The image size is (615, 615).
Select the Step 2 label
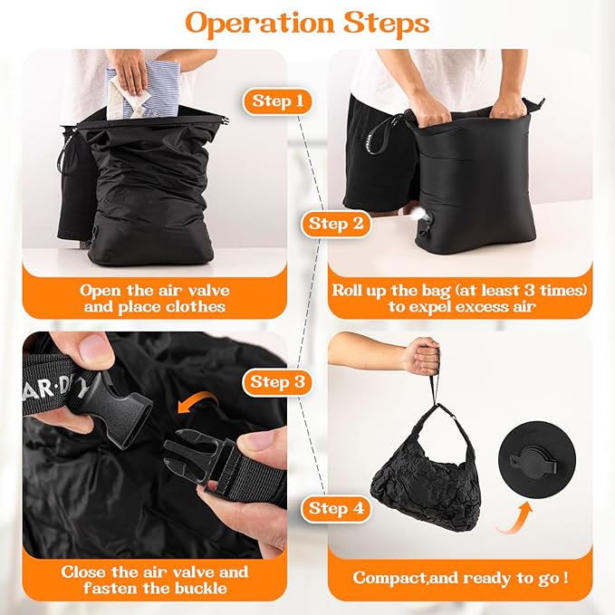click(336, 222)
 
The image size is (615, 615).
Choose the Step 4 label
click(336, 508)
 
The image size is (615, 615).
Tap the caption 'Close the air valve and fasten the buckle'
click(154, 581)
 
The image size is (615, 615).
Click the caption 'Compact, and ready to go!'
click(460, 577)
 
